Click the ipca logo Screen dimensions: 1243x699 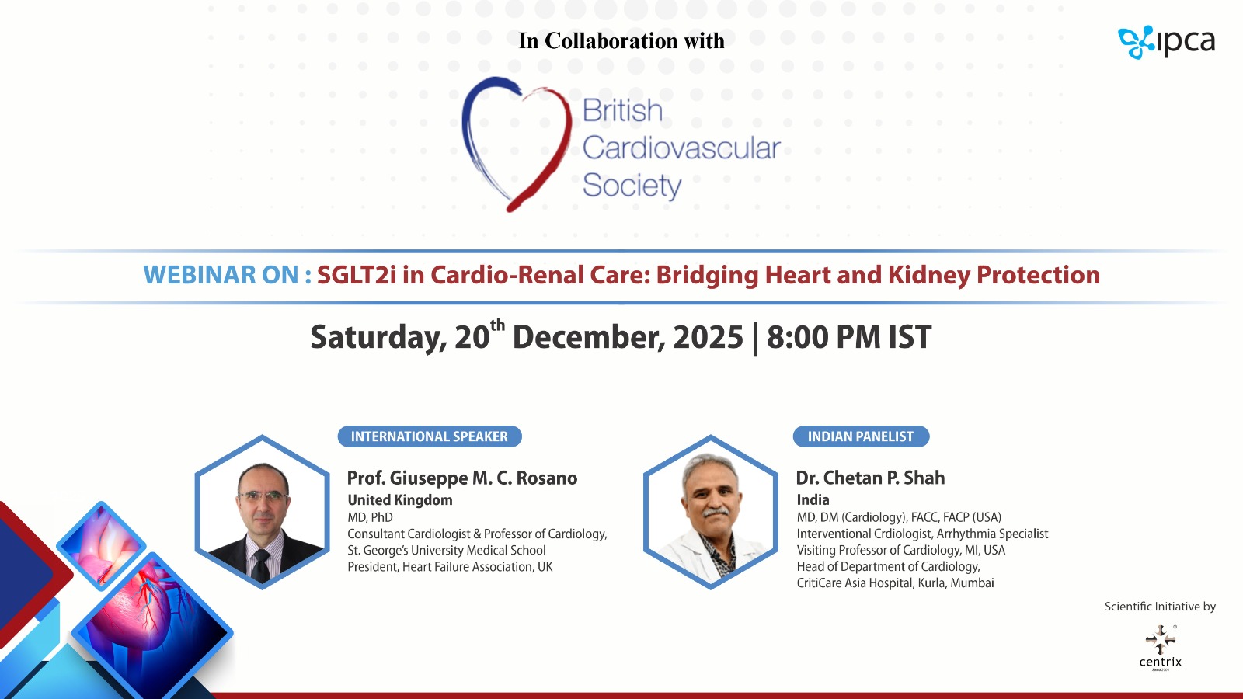[1166, 42]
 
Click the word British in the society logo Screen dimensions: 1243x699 [622, 110]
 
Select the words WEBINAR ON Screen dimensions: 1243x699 [227, 275]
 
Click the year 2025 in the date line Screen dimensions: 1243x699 [708, 337]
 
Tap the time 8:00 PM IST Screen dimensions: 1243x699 [849, 337]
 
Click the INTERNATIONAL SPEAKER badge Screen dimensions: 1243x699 [430, 436]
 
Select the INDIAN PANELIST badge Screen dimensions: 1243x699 [861, 436]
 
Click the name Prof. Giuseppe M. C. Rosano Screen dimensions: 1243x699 [462, 478]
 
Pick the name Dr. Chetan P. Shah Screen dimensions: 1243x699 [870, 478]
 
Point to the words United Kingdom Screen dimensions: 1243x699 [400, 500]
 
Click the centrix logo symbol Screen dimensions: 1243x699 [1161, 640]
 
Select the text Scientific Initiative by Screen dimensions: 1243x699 [1160, 607]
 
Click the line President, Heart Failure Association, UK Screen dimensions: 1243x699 [450, 566]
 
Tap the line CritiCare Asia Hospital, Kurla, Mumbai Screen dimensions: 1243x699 [895, 582]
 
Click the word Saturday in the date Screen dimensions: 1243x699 [378, 337]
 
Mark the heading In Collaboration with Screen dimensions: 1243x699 [621, 40]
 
